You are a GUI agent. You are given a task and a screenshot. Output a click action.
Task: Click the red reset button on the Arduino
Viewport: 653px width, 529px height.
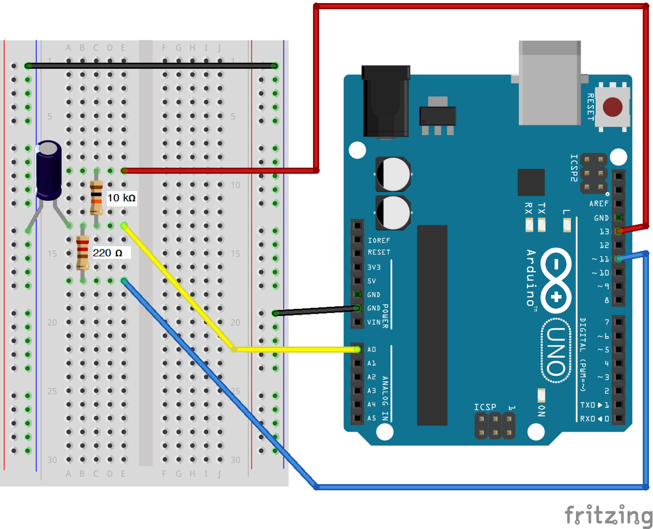pos(613,107)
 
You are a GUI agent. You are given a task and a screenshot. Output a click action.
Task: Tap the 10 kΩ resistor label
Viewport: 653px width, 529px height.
pos(121,198)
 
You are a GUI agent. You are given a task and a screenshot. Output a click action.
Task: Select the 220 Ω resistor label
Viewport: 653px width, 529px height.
pos(108,253)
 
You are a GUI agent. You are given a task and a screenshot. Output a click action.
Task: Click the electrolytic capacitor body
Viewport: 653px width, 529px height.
pos(49,170)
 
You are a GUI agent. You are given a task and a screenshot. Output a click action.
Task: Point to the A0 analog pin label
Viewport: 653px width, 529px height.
pos(371,350)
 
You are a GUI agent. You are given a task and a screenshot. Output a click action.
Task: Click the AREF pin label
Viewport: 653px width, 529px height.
pos(599,204)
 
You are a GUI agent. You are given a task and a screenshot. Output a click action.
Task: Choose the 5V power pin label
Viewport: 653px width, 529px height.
pos(371,281)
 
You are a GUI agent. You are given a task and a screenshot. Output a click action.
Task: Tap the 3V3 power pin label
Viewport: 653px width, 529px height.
pos(374,267)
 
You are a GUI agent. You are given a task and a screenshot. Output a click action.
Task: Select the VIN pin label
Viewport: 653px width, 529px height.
pos(374,322)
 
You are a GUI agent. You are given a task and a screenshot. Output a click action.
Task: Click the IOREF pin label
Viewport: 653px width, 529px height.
pos(379,241)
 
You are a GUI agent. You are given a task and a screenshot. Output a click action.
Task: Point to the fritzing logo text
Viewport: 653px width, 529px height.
pos(608,515)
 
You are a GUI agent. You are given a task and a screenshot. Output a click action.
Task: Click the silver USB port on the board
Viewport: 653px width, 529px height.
pos(550,84)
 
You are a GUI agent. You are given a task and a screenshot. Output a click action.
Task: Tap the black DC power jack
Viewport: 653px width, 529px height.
pos(386,101)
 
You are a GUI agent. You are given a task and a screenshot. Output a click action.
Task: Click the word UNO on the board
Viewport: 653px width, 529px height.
pos(556,351)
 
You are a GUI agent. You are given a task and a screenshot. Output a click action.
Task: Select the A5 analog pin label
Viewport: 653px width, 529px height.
pos(371,418)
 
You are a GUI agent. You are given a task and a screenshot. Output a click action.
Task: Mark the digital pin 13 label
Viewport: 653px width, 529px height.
pos(604,231)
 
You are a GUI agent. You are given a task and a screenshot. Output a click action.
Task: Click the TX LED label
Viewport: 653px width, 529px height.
pos(541,208)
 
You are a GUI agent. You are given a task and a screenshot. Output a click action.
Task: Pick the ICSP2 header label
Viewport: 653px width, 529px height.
pos(573,168)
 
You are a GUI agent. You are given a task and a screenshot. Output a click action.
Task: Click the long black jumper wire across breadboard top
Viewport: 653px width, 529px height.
pos(150,66)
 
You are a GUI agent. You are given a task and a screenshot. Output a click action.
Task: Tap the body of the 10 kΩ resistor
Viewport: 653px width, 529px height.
pos(96,198)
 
